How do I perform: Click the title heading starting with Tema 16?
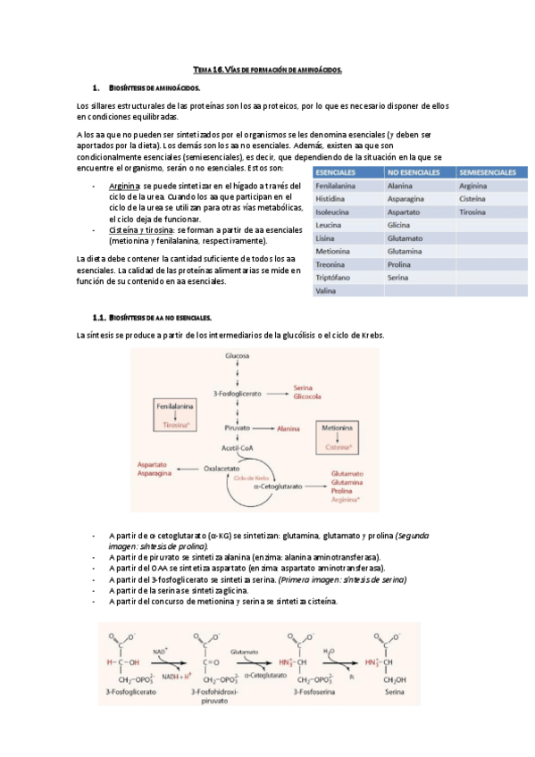[x=268, y=70]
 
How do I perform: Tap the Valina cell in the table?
[x=325, y=291]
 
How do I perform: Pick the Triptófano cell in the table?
[x=333, y=278]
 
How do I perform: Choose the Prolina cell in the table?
[x=398, y=265]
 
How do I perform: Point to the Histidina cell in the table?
[x=330, y=199]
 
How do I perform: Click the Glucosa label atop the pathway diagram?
[x=237, y=355]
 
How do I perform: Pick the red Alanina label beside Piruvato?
[x=288, y=429]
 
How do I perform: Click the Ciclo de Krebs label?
[x=252, y=478]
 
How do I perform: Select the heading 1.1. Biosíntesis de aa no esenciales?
[x=153, y=317]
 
